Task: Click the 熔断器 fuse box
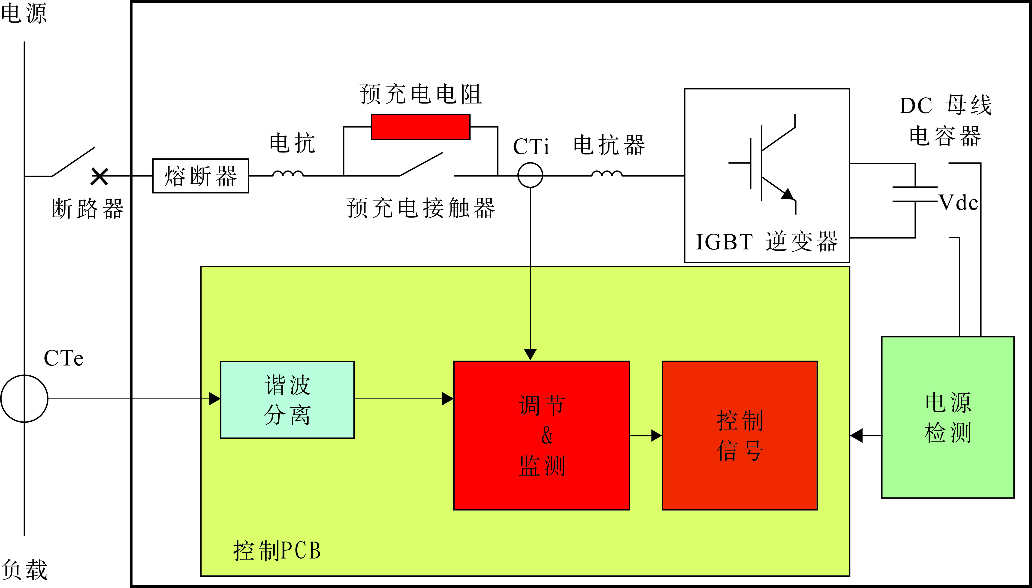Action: (x=200, y=176)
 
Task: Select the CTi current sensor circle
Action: (x=530, y=175)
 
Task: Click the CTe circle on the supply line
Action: (x=24, y=399)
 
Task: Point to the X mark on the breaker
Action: (x=99, y=177)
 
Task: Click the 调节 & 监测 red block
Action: (x=541, y=435)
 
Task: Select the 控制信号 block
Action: (x=739, y=435)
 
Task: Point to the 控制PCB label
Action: (x=277, y=550)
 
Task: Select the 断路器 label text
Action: (x=88, y=209)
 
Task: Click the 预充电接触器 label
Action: (x=420, y=208)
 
